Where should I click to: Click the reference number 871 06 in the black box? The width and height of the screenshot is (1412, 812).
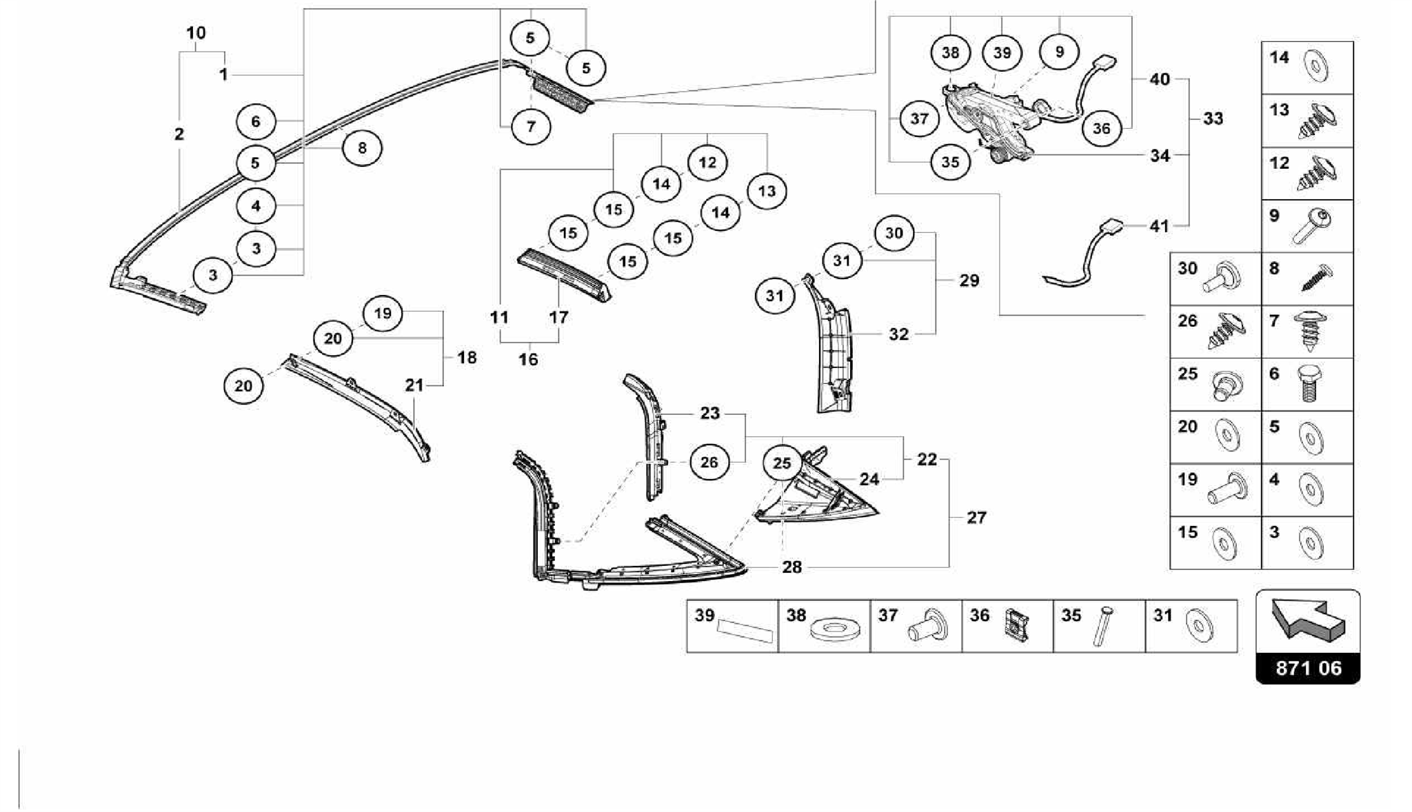coord(1308,668)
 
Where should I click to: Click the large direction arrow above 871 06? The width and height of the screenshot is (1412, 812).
coord(1307,617)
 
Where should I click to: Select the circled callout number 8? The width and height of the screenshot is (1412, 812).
coord(362,147)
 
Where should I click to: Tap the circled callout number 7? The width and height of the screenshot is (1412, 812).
coord(531,126)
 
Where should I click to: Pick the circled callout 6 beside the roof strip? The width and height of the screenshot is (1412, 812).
coord(256,122)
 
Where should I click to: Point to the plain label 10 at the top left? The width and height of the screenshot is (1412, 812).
coord(196,32)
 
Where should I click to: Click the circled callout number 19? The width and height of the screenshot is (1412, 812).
coord(383,314)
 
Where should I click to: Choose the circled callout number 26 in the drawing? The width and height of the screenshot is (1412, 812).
coord(709,462)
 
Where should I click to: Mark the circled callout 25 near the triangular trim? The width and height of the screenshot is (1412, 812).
coord(782,463)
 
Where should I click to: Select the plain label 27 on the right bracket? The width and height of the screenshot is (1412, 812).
coord(976,517)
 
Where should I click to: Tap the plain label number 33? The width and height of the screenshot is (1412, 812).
coord(1213,119)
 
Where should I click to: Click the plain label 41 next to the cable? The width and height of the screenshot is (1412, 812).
coord(1159,225)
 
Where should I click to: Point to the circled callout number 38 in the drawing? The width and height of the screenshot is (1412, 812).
coord(950,52)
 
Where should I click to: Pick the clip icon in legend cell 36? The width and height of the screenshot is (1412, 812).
coord(1016,625)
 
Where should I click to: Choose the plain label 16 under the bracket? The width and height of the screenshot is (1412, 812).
coord(528,359)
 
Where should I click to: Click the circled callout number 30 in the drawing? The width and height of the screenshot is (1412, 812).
coord(894,233)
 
